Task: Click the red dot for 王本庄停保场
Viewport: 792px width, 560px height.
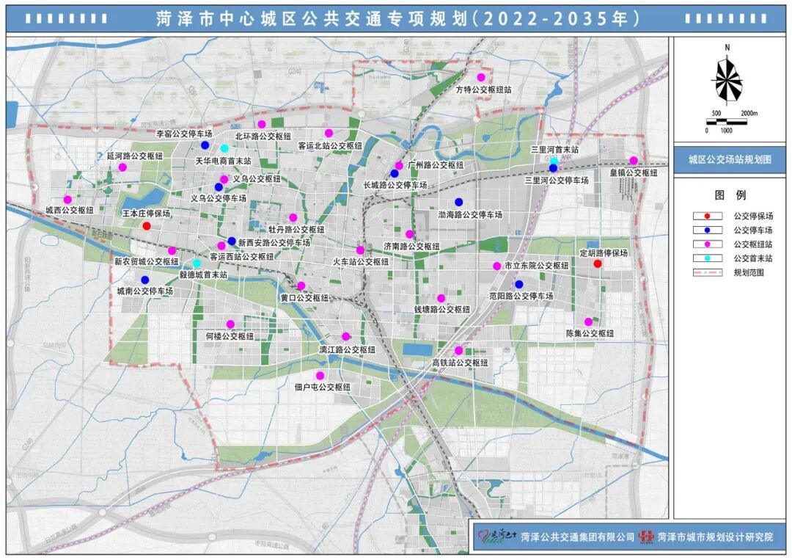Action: [x=147, y=226]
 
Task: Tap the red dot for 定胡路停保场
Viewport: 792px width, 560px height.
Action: [x=598, y=264]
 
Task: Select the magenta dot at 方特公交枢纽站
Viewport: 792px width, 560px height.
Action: [x=482, y=77]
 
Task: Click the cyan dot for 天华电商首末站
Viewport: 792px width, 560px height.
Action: [x=224, y=148]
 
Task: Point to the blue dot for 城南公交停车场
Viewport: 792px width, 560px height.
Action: [x=145, y=280]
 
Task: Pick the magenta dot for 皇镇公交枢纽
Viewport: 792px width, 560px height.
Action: [x=634, y=161]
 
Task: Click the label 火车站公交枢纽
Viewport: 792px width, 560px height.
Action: [x=362, y=261]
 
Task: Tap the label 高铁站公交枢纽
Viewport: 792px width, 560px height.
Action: [x=460, y=363]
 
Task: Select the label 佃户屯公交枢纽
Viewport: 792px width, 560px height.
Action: [x=322, y=387]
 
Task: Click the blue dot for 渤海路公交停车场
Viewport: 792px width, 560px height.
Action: [x=459, y=202]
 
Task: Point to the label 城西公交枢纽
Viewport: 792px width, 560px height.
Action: [x=70, y=210]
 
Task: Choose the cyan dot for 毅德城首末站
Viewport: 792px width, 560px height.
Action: [x=197, y=263]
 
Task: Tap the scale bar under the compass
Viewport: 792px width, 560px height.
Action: [x=727, y=121]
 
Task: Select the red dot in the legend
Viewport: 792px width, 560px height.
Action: [x=707, y=217]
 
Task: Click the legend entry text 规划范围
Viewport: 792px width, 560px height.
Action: [x=748, y=272]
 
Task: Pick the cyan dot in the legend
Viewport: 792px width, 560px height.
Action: [x=707, y=258]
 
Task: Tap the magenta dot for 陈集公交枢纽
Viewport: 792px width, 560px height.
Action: [x=588, y=321]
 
